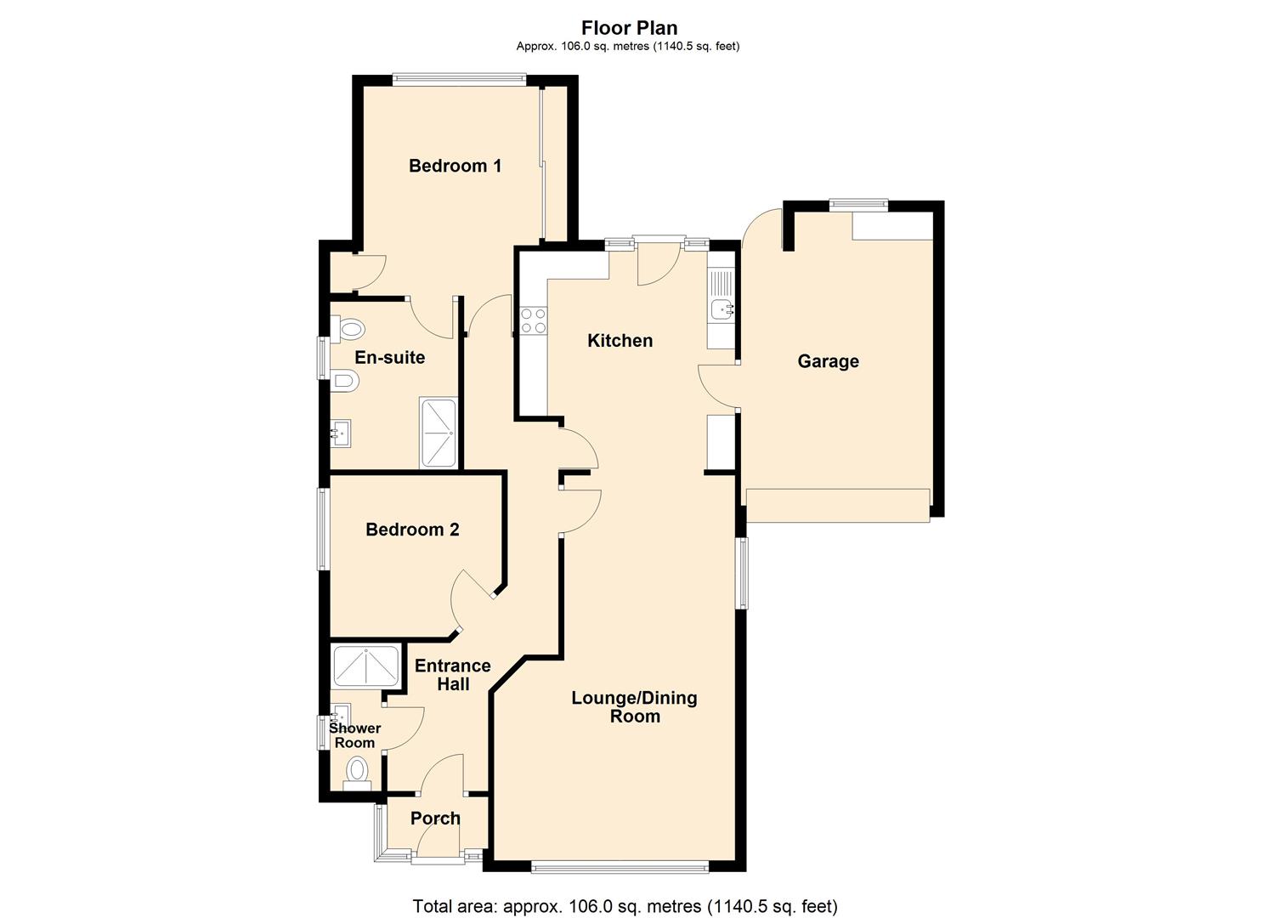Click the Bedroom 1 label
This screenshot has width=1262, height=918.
455,166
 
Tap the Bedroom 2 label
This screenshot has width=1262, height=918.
412,530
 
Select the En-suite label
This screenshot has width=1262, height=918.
389,357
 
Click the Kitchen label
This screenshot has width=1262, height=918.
620,341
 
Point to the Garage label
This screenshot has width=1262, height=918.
828,361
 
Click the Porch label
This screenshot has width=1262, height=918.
435,819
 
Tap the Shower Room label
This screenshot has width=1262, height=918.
354,735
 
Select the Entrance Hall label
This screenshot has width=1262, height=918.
452,675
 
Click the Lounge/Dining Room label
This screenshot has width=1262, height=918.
634,706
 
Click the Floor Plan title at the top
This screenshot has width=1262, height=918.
630,28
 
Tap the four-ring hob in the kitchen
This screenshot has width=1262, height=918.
533,320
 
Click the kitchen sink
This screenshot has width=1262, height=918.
722,309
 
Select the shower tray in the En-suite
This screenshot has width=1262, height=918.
439,433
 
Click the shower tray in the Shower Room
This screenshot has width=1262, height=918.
366,666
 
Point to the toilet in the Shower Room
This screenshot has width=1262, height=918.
357,773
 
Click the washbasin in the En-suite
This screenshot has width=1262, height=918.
341,433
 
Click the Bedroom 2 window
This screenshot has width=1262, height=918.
323,528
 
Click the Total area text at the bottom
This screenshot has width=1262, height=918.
625,906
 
